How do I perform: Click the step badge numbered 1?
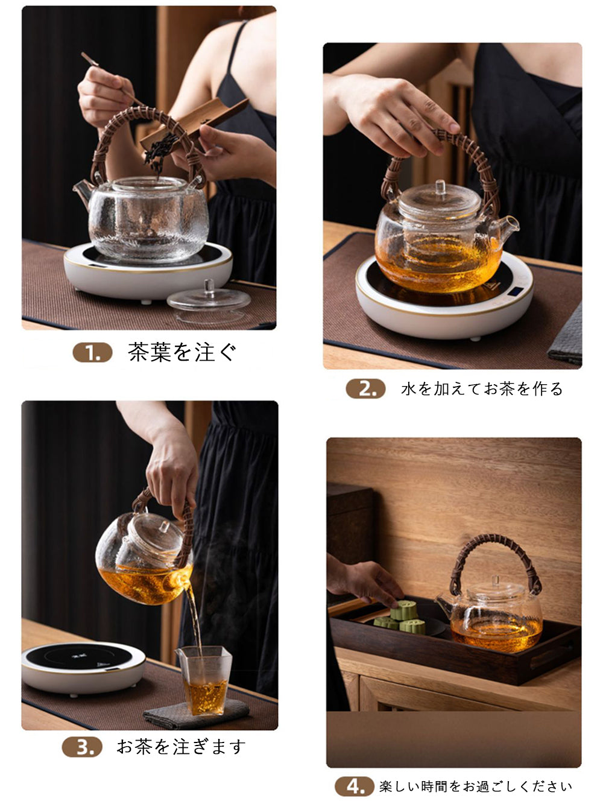coord(92,352)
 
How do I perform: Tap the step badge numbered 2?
coord(365,388)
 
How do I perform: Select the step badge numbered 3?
coord(82,747)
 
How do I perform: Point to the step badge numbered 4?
coord(354,786)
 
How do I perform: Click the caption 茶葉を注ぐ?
coord(182,352)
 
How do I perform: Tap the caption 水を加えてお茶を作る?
coord(481,388)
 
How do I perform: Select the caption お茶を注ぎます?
coord(181,747)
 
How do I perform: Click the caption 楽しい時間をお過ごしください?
coord(475,786)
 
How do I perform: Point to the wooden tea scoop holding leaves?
coord(194,122)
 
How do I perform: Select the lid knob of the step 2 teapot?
coord(440,188)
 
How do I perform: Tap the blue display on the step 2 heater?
coord(517,293)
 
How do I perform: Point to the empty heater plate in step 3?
coord(83,665)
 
